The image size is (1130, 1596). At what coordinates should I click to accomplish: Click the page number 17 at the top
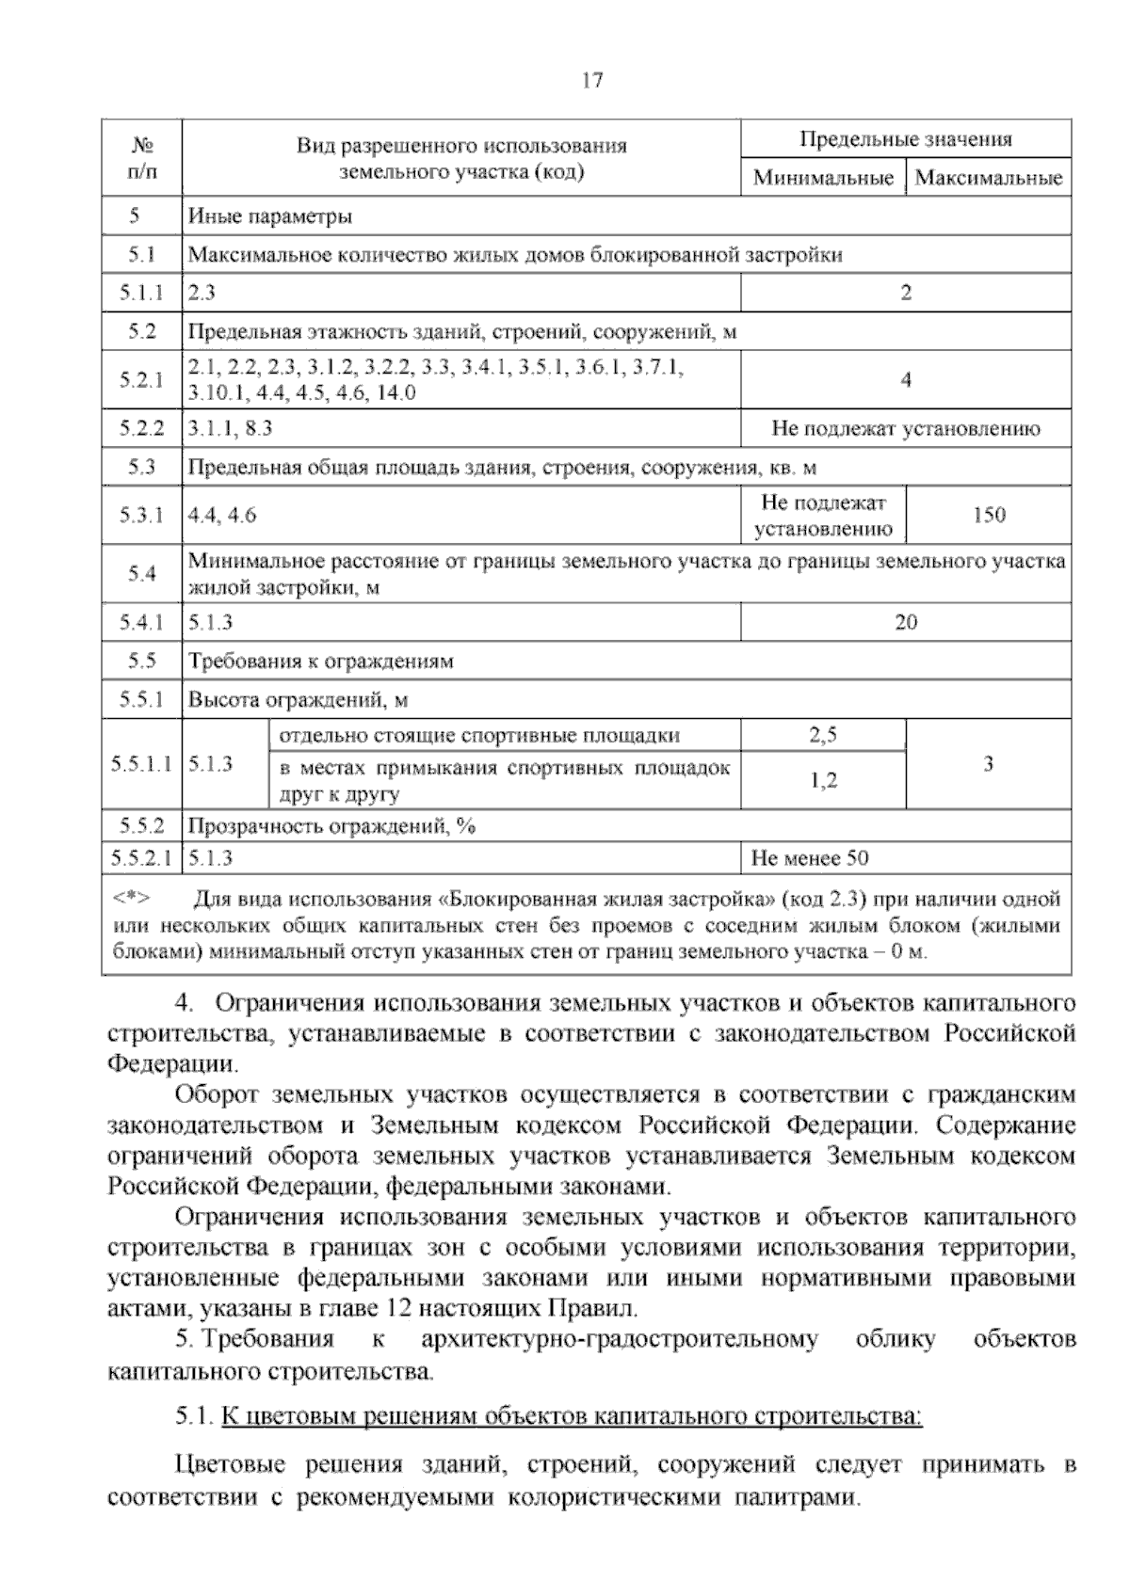(x=591, y=80)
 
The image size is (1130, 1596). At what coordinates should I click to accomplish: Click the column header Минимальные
(x=823, y=177)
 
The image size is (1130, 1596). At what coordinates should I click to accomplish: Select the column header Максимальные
(x=988, y=177)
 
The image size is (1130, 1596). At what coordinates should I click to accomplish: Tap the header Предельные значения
(x=905, y=139)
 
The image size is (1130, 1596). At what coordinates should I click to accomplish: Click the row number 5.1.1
(x=141, y=293)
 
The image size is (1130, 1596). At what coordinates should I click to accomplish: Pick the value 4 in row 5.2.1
(x=905, y=380)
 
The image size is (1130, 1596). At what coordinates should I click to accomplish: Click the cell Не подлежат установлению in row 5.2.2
(x=905, y=429)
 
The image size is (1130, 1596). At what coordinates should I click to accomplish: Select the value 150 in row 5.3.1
(x=989, y=515)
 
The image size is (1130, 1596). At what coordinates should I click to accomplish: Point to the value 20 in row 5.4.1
(x=905, y=622)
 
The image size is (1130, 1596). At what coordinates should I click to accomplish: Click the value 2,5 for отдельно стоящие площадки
(x=823, y=736)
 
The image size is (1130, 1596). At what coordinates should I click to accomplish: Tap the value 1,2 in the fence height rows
(x=823, y=780)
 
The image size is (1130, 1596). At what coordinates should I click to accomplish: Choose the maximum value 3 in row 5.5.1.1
(x=989, y=764)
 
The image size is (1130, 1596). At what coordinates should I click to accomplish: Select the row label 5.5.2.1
(x=141, y=858)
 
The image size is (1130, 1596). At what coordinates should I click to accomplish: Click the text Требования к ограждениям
(x=321, y=662)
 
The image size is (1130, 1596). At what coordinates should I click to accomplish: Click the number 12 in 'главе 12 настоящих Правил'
(x=398, y=1308)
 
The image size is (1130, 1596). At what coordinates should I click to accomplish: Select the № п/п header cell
(x=141, y=157)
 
